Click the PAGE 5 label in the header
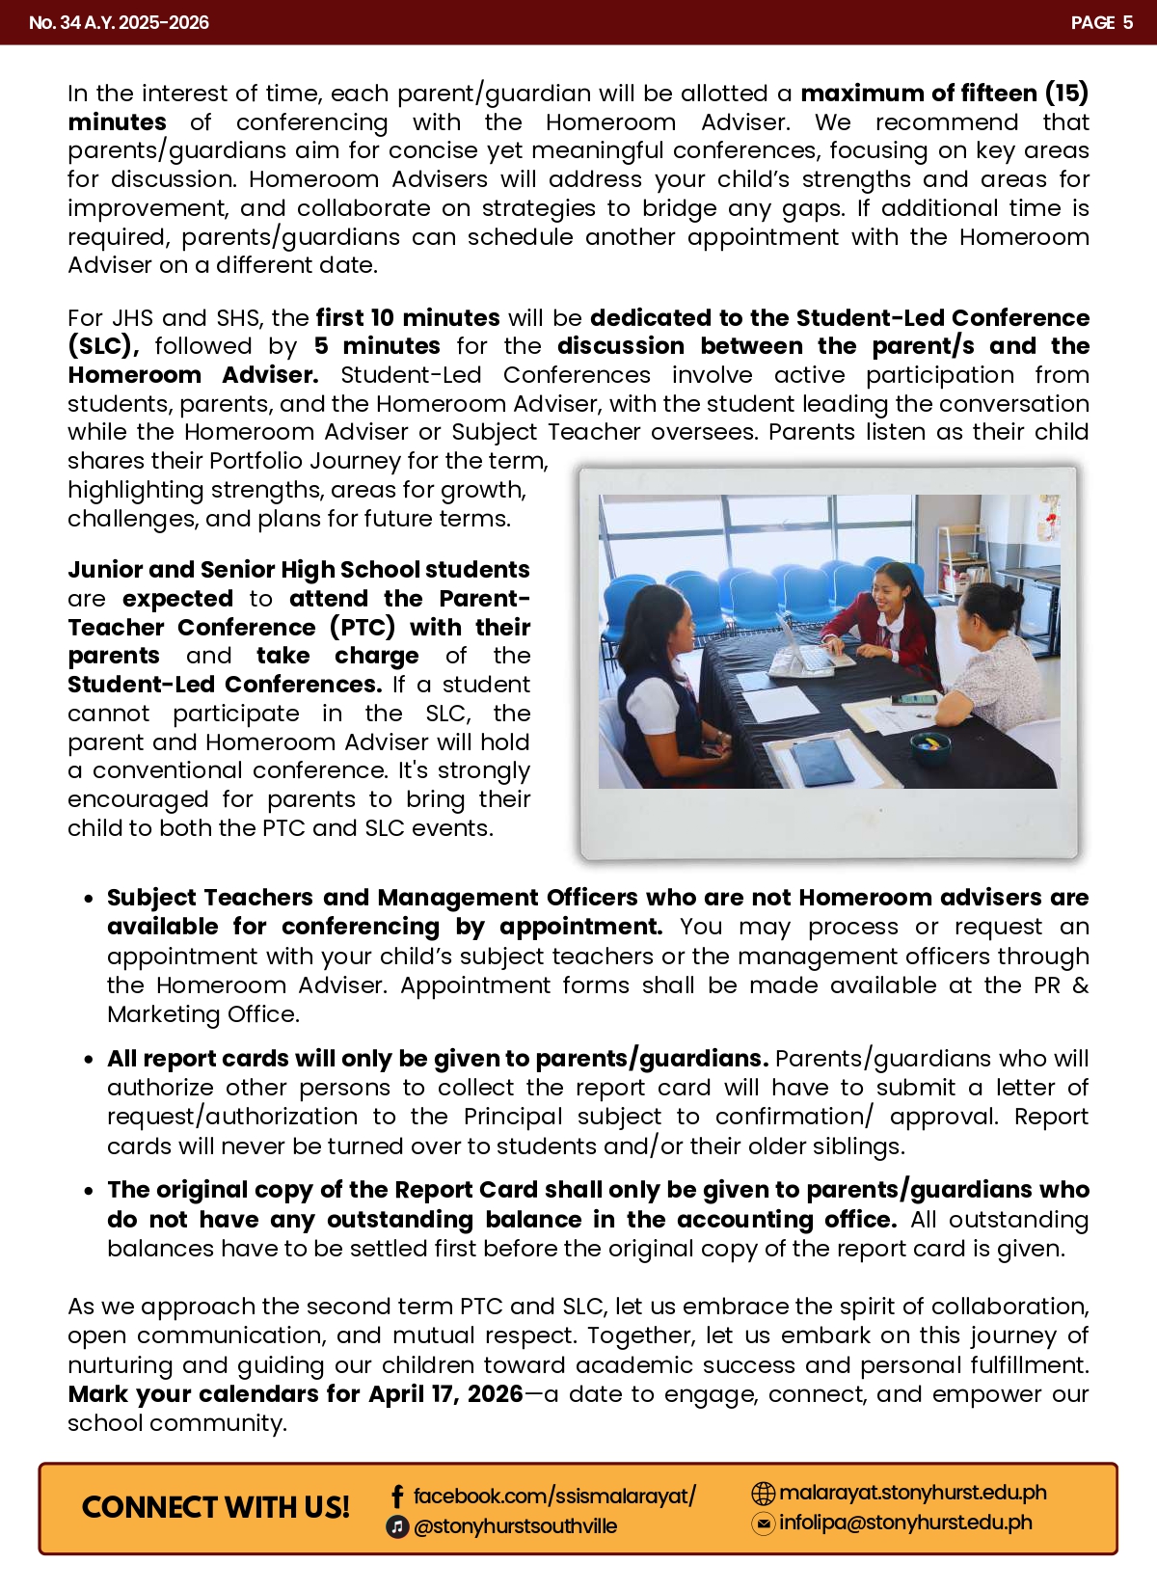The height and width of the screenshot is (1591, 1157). point(1101,22)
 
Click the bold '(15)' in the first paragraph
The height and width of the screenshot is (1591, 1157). point(1066,94)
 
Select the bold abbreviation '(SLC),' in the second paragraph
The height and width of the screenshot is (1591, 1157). point(103,346)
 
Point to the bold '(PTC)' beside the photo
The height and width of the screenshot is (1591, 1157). point(363,628)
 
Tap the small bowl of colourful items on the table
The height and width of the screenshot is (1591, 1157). point(930,745)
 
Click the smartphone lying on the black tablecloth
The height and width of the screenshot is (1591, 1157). point(913,699)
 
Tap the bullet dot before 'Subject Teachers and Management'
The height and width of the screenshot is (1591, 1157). point(89,899)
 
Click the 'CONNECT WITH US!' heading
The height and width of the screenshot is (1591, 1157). point(215,1508)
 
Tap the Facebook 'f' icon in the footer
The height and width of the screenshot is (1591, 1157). point(396,1497)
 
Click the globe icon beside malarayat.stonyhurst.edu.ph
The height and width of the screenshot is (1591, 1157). point(763,1494)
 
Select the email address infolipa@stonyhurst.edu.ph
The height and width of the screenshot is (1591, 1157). point(905,1523)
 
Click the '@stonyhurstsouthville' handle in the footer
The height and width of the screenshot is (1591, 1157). point(515,1526)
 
